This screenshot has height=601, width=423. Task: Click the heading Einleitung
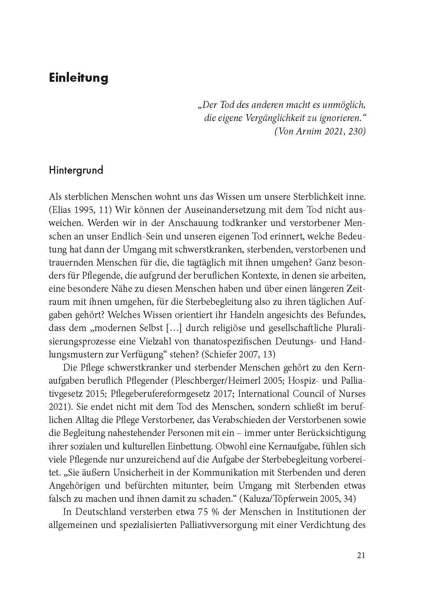tap(78, 78)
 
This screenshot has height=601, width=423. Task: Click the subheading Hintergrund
tap(76, 170)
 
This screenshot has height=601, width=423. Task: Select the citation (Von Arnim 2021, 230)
tap(320, 132)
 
